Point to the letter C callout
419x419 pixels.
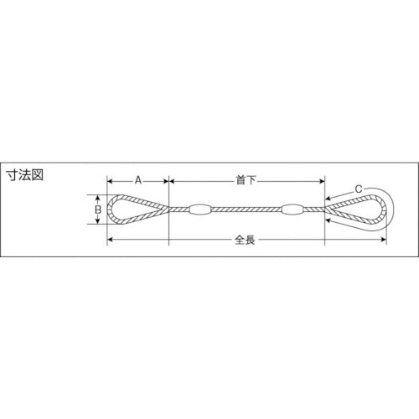point(360,190)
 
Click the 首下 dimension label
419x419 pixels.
point(246,178)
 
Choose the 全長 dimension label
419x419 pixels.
point(246,240)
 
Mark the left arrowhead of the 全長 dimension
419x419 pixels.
point(110,240)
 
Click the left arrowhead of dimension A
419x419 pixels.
point(110,179)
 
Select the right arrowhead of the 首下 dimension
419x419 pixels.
point(323,179)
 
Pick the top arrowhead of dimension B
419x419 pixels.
point(102,196)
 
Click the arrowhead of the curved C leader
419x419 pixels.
point(328,202)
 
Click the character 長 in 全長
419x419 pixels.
point(251,240)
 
